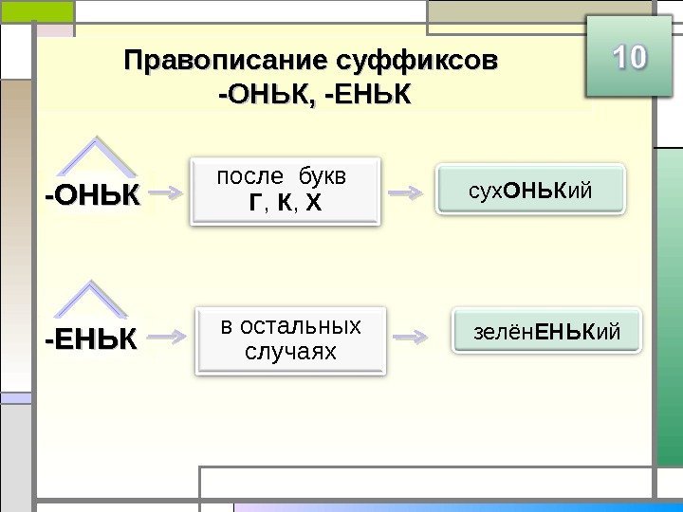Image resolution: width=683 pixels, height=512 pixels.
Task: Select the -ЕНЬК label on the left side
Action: point(91,338)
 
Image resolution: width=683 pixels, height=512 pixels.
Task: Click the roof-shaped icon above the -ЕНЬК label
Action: point(92,301)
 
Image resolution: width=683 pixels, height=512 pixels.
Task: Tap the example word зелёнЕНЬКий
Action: point(545,332)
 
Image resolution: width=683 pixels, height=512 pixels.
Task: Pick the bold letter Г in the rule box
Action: point(254,201)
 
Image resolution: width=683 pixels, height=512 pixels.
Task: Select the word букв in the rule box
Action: point(323,177)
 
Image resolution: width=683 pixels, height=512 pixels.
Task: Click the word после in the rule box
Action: point(250,177)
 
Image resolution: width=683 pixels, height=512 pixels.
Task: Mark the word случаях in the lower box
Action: point(291,351)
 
